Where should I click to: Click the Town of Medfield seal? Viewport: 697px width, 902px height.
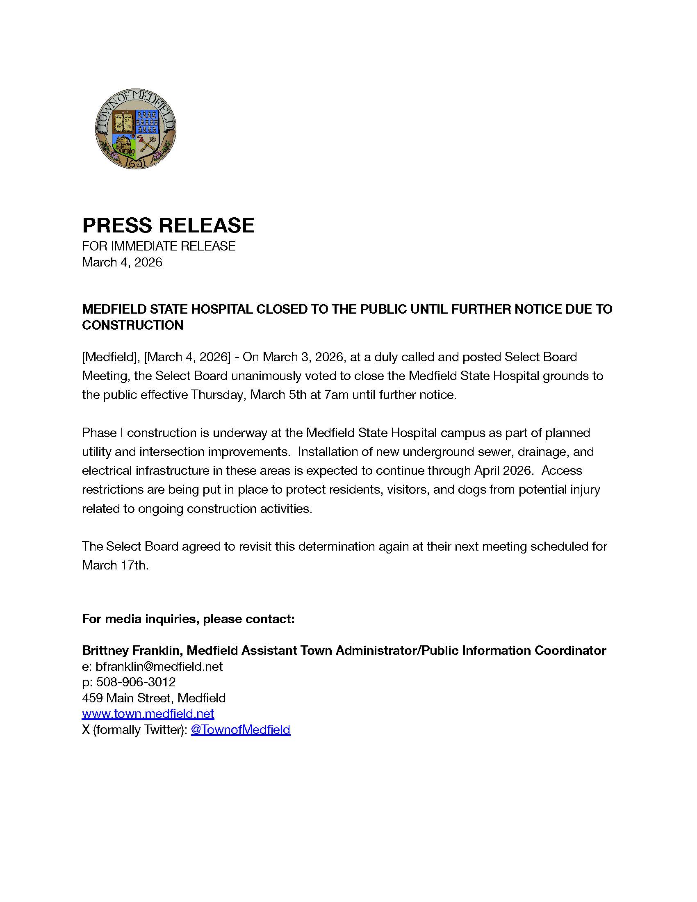click(135, 128)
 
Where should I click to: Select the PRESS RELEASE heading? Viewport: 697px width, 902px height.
click(168, 225)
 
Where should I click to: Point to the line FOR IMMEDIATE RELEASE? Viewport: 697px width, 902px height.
click(159, 246)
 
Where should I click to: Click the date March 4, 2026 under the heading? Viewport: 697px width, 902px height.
click(122, 262)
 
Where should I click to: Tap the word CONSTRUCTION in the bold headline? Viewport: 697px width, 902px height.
click(132, 325)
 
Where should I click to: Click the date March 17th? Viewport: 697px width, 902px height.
click(115, 565)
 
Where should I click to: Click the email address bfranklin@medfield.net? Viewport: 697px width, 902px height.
click(159, 667)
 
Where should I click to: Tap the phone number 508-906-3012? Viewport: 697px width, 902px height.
click(136, 682)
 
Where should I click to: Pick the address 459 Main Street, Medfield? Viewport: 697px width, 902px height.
click(154, 698)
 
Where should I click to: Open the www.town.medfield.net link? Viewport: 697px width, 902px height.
click(148, 714)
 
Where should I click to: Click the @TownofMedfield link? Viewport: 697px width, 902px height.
click(240, 730)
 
